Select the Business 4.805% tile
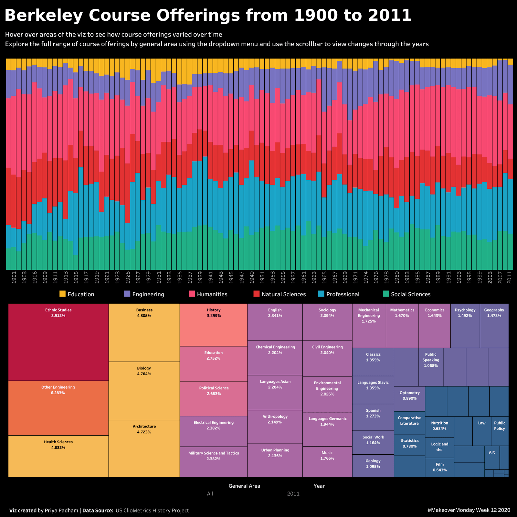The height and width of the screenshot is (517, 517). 144,332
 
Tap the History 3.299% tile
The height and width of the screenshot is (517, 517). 214,325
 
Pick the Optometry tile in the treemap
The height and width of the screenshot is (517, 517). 409,399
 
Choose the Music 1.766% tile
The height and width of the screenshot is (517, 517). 327,461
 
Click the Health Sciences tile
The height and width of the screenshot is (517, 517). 58,456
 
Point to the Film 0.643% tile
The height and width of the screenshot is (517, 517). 439,467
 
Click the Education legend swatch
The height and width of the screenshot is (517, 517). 63,294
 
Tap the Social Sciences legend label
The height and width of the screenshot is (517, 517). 411,294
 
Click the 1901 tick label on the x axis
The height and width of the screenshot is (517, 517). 14,278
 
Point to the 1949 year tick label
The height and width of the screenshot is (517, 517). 252,278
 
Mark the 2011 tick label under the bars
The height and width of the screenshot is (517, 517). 510,278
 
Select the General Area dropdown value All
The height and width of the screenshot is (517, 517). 210,494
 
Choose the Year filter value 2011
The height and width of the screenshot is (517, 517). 293,494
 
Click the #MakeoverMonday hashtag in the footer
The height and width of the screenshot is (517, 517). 469,510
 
